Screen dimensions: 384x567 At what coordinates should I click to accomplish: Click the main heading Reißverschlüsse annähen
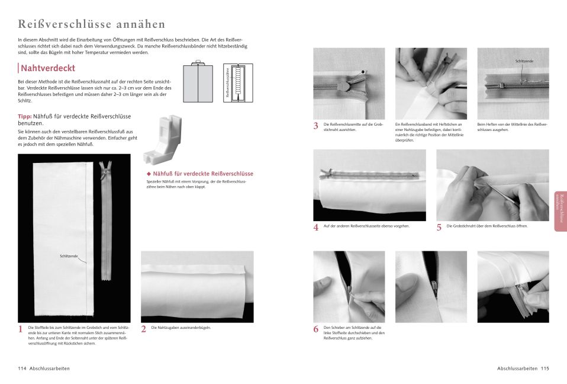92,24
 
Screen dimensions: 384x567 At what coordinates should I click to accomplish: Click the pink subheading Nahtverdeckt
47,68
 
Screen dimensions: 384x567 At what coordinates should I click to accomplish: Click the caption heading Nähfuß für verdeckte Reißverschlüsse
202,174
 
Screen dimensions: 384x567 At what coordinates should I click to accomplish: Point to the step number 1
21,329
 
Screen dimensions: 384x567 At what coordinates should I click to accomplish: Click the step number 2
144,329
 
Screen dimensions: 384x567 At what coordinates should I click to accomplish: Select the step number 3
316,126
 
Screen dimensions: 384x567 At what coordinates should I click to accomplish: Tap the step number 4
316,228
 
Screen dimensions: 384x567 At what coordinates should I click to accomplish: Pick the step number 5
439,228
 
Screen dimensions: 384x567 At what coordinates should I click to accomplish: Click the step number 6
316,329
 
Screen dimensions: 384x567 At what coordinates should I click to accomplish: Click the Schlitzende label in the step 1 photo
69,257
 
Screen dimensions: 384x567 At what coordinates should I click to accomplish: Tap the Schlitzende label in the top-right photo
524,61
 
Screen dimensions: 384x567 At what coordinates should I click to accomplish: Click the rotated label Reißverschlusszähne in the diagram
228,83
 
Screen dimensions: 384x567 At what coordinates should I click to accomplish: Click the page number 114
22,369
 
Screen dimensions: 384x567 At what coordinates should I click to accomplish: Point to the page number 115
545,369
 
